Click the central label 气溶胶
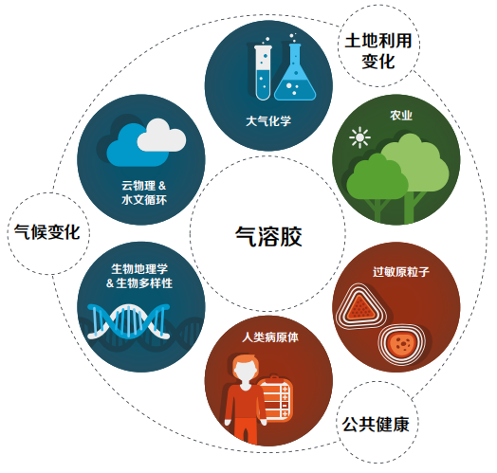pyautogui.click(x=268, y=236)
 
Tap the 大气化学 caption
pyautogui.click(x=268, y=121)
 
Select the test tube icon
pyautogui.click(x=263, y=73)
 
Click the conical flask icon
pyautogui.click(x=295, y=72)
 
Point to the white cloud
pyautogui.click(x=161, y=136)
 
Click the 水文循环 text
pyautogui.click(x=144, y=200)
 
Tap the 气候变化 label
pyautogui.click(x=47, y=232)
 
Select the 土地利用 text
pyautogui.click(x=378, y=41)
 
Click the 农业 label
pyautogui.click(x=401, y=116)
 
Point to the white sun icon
pyautogui.click(x=359, y=137)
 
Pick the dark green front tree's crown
pyautogui.click(x=377, y=176)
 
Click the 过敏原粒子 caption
pyautogui.click(x=401, y=272)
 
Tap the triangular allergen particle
pyautogui.click(x=360, y=307)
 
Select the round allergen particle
pyautogui.click(x=401, y=344)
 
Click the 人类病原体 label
pyautogui.click(x=270, y=337)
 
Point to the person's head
pyautogui.click(x=246, y=371)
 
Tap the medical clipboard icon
pyautogui.click(x=275, y=398)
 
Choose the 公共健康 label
pyautogui.click(x=376, y=425)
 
